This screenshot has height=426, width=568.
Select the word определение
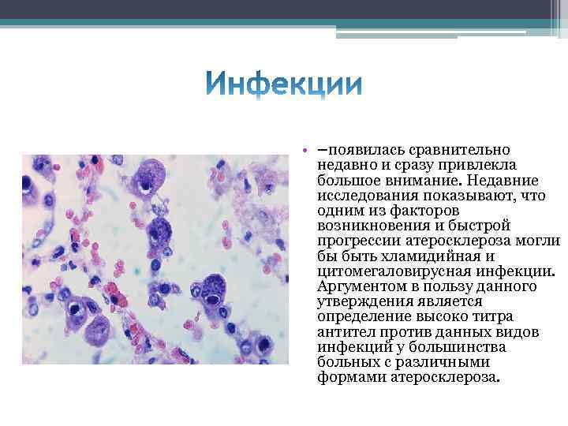pyautogui.click(x=361, y=316)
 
